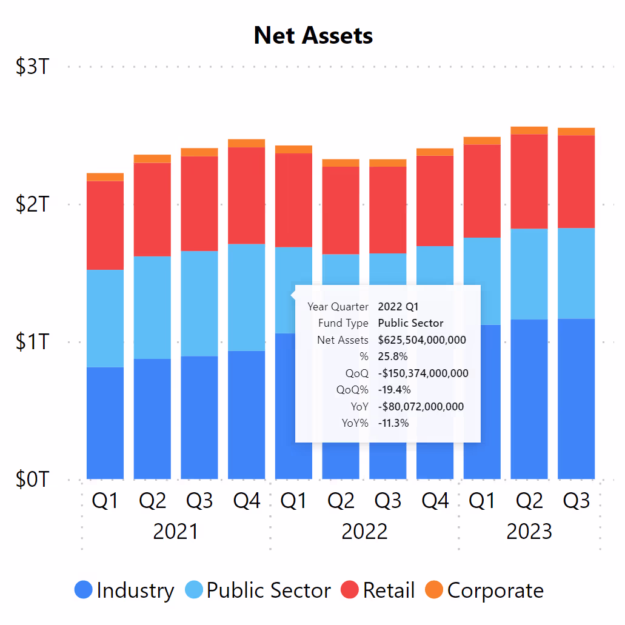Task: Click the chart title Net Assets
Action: coord(313,36)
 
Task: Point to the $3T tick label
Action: coord(32,67)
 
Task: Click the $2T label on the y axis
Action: coord(32,204)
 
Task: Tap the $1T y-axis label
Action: coord(32,342)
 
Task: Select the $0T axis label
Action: coord(32,480)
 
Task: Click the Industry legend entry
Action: coord(124,590)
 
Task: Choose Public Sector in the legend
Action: coord(258,590)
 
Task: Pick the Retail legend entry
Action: coord(378,590)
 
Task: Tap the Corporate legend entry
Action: coord(485,590)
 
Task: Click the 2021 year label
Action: coord(176,532)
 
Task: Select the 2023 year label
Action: coord(529,532)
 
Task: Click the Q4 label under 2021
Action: coord(247,501)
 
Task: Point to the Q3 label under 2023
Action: coord(577,501)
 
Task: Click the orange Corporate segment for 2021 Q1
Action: coord(105,177)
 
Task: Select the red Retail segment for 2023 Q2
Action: coord(529,181)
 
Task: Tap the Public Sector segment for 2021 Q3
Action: coord(199,303)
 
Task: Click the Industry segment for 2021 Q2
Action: coord(152,418)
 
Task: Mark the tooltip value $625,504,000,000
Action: coord(422,340)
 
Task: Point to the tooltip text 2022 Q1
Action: coord(398,307)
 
